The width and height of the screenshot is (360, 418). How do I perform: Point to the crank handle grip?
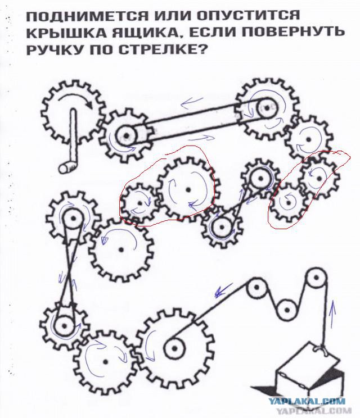pos(70,165)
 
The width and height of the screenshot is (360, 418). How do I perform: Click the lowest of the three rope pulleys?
pos(287,308)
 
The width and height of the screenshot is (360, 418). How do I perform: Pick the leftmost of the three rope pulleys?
pos(256,290)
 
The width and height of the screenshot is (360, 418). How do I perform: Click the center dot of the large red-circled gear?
pos(186,189)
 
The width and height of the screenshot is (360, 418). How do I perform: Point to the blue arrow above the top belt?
pos(193,102)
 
